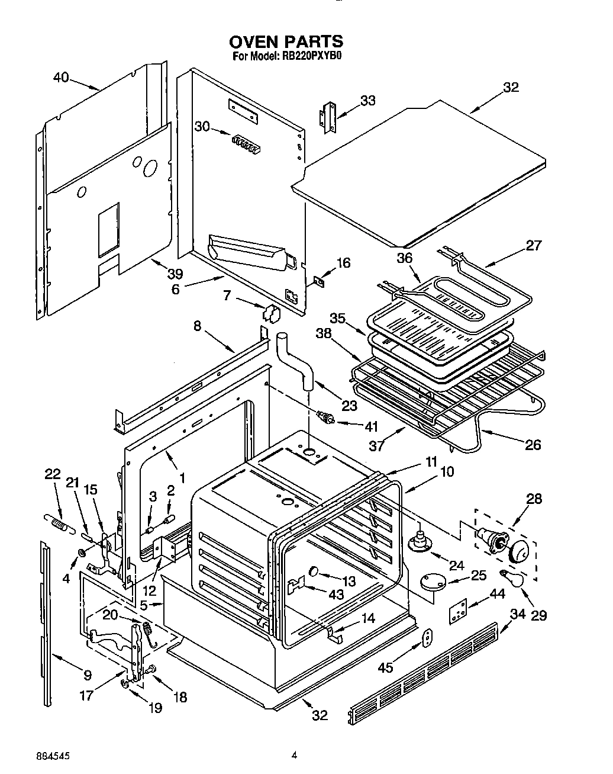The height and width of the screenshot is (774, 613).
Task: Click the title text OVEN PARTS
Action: [286, 41]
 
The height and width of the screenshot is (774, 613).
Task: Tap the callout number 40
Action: [61, 78]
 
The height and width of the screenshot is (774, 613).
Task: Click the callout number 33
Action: [367, 101]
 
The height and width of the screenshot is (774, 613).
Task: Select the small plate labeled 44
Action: [458, 611]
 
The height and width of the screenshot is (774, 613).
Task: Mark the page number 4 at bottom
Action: [293, 754]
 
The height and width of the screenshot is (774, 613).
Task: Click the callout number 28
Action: [534, 499]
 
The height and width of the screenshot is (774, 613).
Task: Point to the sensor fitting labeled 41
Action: [325, 418]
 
